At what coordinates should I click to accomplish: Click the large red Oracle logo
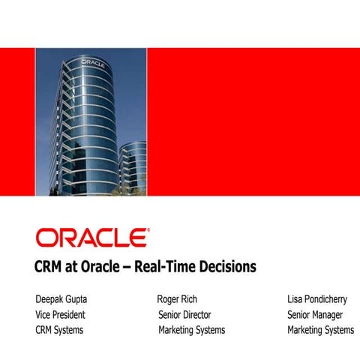pyautogui.click(x=91, y=238)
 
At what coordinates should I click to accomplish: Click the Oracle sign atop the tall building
pyautogui.click(x=91, y=61)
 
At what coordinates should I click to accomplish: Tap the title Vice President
pyautogui.click(x=60, y=314)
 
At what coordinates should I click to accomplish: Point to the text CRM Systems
pyautogui.click(x=59, y=329)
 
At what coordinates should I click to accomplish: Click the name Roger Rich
pyautogui.click(x=177, y=299)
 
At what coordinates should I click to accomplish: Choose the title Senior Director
pyautogui.click(x=184, y=314)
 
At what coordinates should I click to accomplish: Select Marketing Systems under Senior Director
pyautogui.click(x=191, y=329)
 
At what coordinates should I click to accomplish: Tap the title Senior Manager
pyautogui.click(x=315, y=314)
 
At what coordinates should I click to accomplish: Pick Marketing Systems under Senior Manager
pyautogui.click(x=320, y=329)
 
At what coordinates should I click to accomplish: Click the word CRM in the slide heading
pyautogui.click(x=49, y=266)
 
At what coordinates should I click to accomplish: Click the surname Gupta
pyautogui.click(x=82, y=299)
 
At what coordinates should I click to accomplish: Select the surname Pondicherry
pyautogui.click(x=329, y=299)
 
